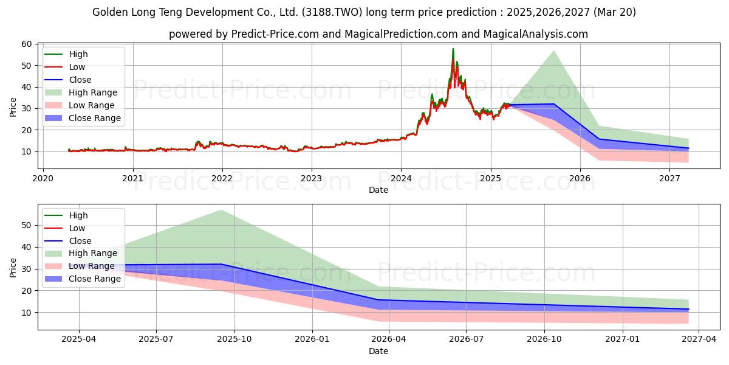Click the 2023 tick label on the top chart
point(312,178)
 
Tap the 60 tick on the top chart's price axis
point(26,44)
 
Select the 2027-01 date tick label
point(622,339)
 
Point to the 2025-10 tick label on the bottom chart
point(234,339)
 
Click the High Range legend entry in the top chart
point(81,92)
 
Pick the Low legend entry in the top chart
point(64,67)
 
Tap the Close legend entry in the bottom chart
point(67,241)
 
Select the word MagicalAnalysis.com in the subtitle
point(535,34)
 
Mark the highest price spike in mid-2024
point(453,49)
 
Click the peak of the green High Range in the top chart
point(553,50)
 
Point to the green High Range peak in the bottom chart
point(221,210)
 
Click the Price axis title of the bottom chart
point(13,268)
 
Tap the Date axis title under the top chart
point(378,190)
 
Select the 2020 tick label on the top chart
point(43,178)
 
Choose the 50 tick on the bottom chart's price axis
point(26,225)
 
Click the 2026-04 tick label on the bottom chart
point(389,339)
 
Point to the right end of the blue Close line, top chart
point(689,148)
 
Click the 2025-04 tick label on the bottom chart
point(79,339)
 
